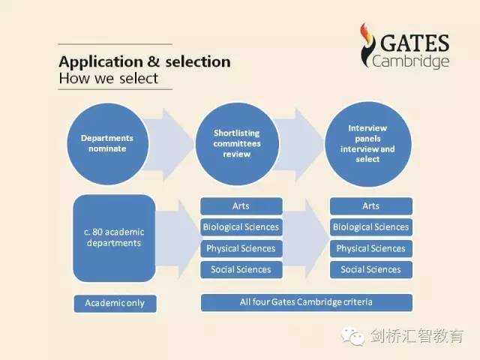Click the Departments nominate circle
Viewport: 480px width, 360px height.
108,144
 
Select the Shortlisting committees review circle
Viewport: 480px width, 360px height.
237,144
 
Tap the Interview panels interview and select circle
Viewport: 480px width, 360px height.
368,144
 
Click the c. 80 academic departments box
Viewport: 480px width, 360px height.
114,238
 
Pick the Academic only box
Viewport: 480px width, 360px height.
115,303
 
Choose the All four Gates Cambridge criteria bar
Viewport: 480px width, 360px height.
307,302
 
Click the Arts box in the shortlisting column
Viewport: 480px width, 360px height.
241,206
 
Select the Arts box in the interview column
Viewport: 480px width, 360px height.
371,206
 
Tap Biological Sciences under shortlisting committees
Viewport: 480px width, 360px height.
241,227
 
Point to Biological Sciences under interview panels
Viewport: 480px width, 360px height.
371,227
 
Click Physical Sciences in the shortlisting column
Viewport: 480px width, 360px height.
241,248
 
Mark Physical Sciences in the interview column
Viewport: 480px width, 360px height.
371,248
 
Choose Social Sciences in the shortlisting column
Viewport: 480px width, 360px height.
241,270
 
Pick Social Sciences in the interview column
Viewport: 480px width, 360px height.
371,270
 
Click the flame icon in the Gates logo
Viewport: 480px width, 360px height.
367,45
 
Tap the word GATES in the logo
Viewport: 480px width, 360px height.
415,43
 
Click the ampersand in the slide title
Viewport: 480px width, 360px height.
153,61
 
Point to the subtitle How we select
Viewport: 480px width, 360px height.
109,78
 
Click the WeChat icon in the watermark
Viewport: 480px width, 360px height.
353,336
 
